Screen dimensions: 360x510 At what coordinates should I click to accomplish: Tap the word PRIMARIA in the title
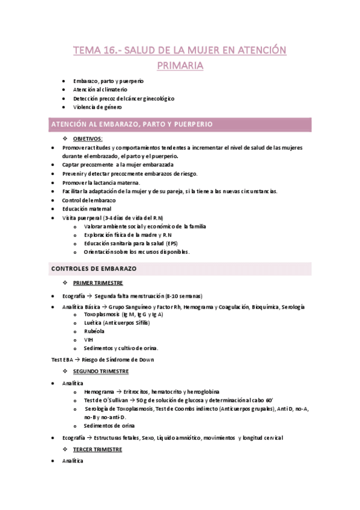coord(180,64)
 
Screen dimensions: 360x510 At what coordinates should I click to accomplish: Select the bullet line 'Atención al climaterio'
coord(100,89)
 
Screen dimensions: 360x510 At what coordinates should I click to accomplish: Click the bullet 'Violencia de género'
coord(97,107)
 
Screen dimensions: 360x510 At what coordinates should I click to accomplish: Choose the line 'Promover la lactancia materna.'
coord(101,182)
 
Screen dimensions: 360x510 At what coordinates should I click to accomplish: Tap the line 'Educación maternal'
coord(87,209)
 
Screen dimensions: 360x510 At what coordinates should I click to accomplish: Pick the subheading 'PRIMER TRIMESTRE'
coord(98,282)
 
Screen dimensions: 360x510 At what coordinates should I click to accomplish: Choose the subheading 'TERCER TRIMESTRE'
coord(98,449)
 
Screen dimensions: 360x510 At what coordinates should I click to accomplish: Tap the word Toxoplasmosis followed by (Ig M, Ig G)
coord(102,314)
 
